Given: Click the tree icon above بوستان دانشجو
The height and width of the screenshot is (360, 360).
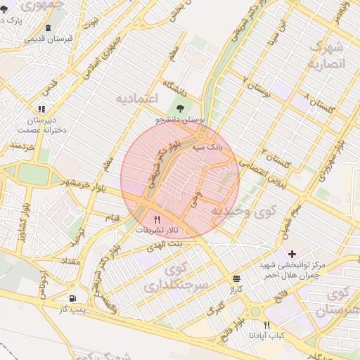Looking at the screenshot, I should [x=181, y=108].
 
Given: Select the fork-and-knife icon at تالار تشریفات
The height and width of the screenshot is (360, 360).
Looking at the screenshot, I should [x=157, y=219].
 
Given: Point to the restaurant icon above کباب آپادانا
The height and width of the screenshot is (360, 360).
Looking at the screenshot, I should [x=266, y=325].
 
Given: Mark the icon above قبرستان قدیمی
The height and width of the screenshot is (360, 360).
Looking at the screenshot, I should [x=47, y=27].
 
